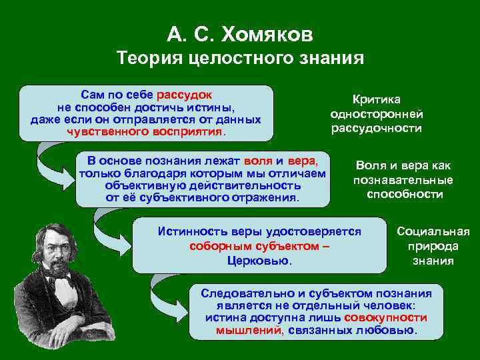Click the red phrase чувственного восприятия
click(145, 131)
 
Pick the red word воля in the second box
click(258, 161)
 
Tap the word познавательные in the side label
click(403, 180)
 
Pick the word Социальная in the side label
click(433, 232)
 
